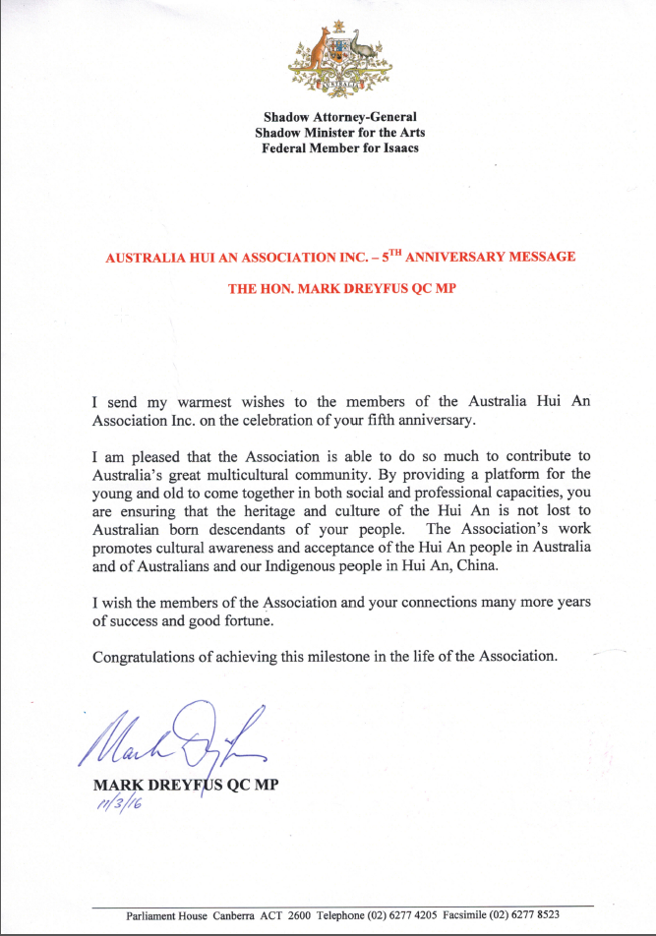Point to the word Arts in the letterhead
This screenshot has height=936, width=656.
[x=410, y=133]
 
